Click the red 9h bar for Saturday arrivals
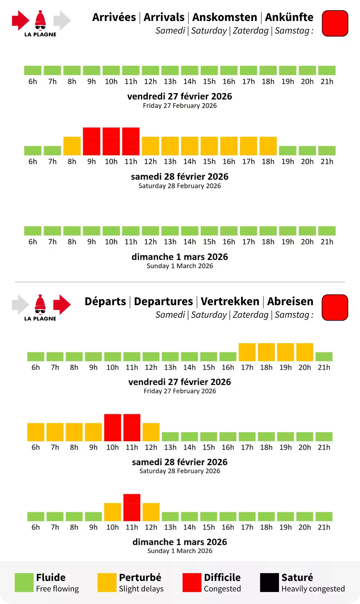(91, 141)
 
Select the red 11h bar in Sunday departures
(132, 507)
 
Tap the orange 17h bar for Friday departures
(247, 352)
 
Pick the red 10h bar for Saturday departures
(112, 427)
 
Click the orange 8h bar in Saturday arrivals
(72, 146)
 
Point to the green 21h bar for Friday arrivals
(327, 70)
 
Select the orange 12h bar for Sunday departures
(151, 512)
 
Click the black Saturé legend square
(269, 582)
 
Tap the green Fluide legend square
(24, 582)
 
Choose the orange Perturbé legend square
(107, 582)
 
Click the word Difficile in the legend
(222, 577)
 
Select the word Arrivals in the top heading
(164, 17)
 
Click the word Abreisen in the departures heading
(290, 301)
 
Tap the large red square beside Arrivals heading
(335, 23)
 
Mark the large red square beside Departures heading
(335, 308)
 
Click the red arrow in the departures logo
(62, 305)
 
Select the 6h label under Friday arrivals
(33, 82)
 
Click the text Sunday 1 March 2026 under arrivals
(180, 266)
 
